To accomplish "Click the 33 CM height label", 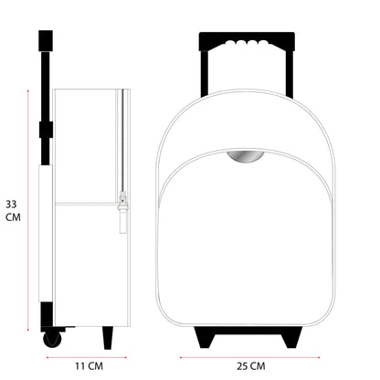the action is [13, 210].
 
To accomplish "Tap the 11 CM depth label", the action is [90, 365].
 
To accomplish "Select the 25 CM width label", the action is [251, 365].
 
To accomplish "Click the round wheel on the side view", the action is [52, 339].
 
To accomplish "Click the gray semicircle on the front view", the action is [246, 157].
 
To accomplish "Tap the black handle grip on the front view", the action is [247, 41].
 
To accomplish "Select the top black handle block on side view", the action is [46, 40].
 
